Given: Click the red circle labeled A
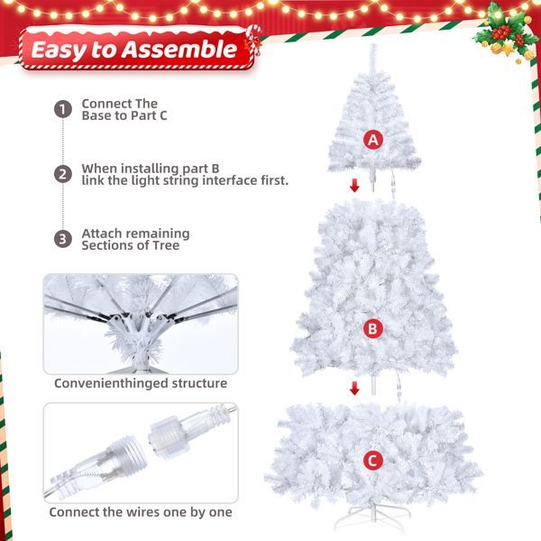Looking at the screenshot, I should point(372,140).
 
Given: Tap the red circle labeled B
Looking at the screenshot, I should point(372,329).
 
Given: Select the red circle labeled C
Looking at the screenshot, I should point(372,461).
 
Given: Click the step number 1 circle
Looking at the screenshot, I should point(62,109).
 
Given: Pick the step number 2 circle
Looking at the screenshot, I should point(62,174).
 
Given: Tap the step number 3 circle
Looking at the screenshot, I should point(62,239).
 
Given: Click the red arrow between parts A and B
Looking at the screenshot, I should point(354,186).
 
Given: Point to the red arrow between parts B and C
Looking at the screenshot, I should point(354,387).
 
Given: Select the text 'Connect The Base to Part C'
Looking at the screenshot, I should point(124,109).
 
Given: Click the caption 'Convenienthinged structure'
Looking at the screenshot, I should point(141,383).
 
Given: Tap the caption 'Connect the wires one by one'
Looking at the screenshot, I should point(141,511).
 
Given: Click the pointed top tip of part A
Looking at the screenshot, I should point(372,47).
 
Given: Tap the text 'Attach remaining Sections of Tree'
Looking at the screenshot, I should point(135,239).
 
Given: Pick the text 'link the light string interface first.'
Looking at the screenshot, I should point(185,180).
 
